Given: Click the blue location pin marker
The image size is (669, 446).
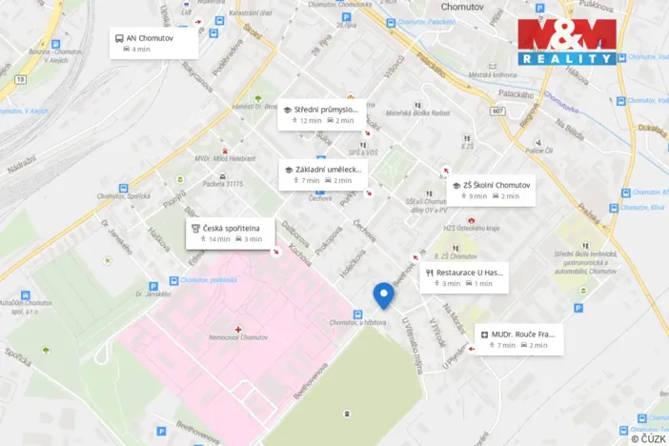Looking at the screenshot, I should tap(384, 295).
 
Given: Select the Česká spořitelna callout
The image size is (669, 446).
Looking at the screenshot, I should tap(232, 233).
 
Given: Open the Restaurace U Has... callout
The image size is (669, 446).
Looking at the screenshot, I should tap(464, 276).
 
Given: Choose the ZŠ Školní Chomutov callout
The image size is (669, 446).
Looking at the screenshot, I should tap(490, 190).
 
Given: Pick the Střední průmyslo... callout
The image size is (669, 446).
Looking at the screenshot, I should tap(320, 115).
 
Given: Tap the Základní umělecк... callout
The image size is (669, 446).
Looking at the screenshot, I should tap(322, 173).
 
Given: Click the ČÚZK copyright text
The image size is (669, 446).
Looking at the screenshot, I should tap(648, 438).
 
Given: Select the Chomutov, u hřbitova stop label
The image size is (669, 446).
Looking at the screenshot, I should tap(357, 324).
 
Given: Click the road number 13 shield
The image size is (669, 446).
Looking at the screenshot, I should tap(19, 80).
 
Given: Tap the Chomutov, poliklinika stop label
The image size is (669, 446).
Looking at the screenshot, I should tap(209, 279).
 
